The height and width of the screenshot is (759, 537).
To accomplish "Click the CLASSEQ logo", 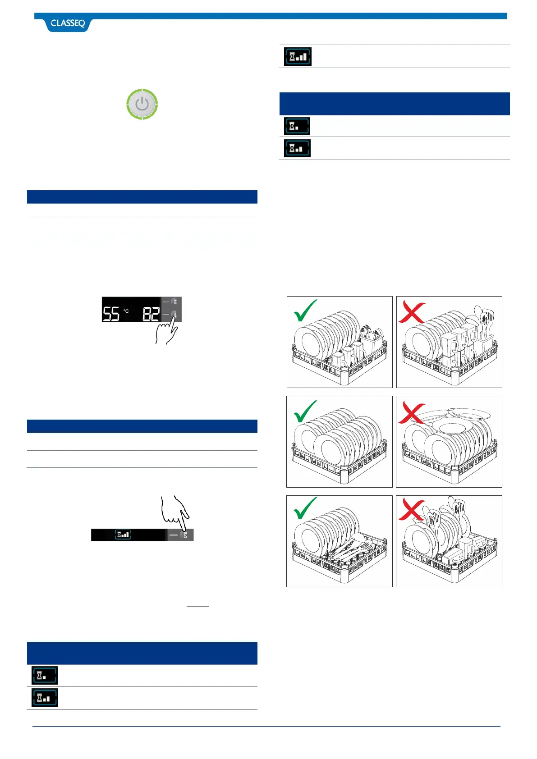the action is pos(68,23).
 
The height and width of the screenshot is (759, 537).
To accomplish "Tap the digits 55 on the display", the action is pos(111,313).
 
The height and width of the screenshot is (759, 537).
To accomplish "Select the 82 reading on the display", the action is pos(151,313).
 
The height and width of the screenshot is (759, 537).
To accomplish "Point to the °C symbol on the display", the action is pos(126,311).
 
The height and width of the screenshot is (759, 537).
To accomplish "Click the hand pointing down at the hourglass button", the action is pos(175,511).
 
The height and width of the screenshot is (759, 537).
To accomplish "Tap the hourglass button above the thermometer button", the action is pos(174,302).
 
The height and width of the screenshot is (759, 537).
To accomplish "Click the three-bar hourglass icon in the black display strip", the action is pos(123,535).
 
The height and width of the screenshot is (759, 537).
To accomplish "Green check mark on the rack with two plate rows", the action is pos(305,411).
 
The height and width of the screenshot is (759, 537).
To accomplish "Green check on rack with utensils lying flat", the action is pos(305,508).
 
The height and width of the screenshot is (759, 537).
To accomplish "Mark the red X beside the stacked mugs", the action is pos(411,312).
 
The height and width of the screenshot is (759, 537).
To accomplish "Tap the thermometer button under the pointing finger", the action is pos(174,315).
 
